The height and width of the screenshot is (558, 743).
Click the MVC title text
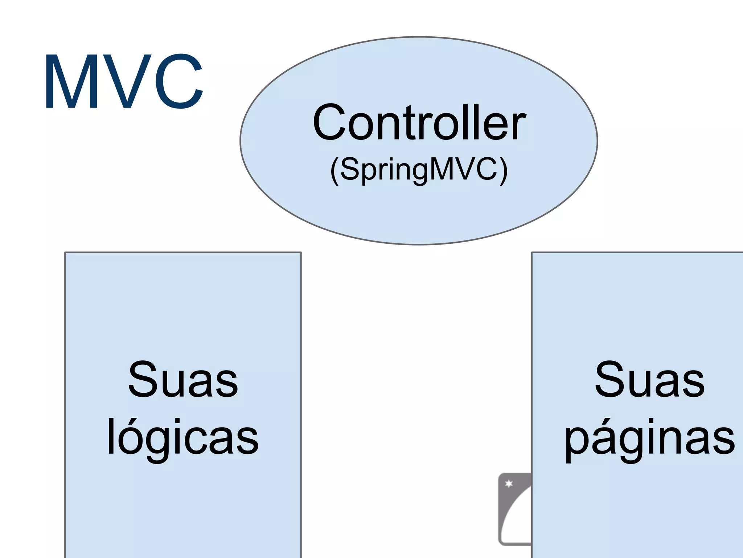click(x=123, y=82)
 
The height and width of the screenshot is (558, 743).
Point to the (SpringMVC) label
click(x=419, y=170)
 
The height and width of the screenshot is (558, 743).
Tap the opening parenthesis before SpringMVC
click(x=334, y=171)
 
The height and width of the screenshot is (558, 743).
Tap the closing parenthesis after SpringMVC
click(x=504, y=171)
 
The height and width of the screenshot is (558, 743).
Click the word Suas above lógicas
click(x=183, y=380)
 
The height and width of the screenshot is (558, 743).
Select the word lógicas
click(x=183, y=438)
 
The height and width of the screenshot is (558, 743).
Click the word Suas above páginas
click(x=650, y=380)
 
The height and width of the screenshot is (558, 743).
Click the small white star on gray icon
click(x=509, y=484)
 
